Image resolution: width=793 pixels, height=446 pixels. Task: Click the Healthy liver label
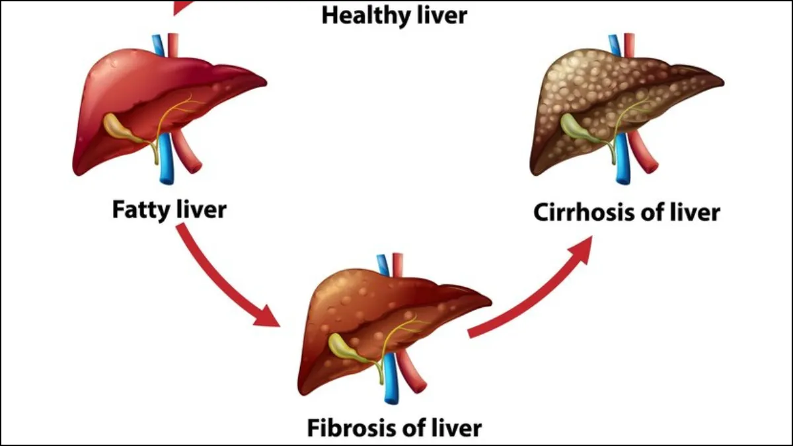(x=394, y=15)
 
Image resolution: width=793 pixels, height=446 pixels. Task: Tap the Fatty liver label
(x=169, y=210)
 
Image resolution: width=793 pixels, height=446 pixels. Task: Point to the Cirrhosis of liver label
(x=626, y=213)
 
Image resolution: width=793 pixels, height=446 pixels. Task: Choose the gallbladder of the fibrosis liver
(x=344, y=348)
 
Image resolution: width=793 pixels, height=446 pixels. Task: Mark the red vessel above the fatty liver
(x=173, y=43)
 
